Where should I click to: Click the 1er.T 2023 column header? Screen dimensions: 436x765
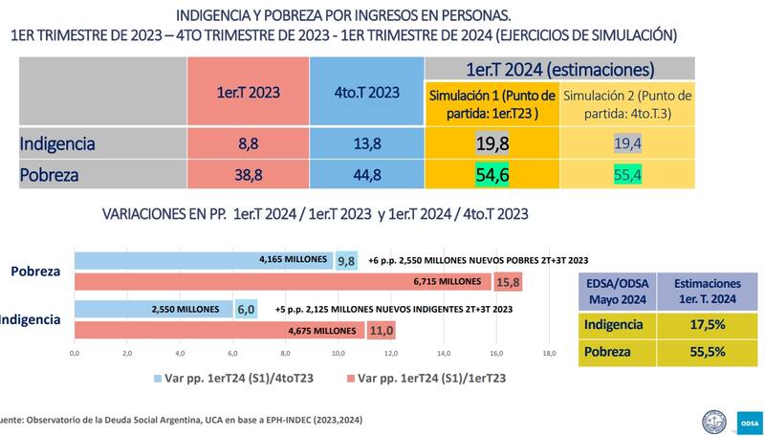pos(247,92)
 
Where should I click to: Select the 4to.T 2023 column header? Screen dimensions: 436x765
pos(366,92)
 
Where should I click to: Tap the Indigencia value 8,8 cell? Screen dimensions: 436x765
pos(247,144)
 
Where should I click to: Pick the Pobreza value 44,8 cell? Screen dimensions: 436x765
pos(366,176)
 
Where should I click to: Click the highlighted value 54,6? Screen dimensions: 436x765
pos(492,176)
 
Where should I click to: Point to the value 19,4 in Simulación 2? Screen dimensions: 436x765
pos(627,144)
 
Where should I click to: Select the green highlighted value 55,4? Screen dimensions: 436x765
pos(627,176)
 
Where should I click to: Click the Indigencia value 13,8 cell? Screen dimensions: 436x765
pos(366,144)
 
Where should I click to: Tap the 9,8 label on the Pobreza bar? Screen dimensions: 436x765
pos(345,259)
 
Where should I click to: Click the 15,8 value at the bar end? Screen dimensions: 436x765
pos(508,282)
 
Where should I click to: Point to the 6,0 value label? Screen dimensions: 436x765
pos(246,309)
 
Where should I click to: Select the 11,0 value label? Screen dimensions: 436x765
pos(382,331)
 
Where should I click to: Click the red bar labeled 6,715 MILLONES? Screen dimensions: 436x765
pos(282,282)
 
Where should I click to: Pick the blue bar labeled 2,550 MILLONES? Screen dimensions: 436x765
pos(153,309)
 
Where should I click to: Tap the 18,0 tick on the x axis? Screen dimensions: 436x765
pos(548,354)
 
